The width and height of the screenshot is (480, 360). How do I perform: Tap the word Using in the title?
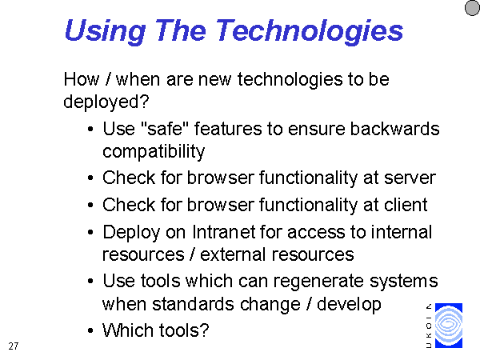click(x=105, y=31)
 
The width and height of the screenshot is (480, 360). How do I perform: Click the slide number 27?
click(x=14, y=346)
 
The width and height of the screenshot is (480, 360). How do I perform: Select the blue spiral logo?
click(x=449, y=326)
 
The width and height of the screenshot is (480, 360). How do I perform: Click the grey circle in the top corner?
click(x=473, y=7)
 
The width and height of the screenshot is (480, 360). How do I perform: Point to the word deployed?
click(x=106, y=102)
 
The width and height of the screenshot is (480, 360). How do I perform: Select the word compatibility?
click(x=154, y=151)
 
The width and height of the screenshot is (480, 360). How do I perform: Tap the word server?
click(x=410, y=178)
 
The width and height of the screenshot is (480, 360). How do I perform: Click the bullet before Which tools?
click(x=90, y=331)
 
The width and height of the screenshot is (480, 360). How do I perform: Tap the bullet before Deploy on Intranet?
click(x=90, y=232)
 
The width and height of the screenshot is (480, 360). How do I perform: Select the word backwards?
click(x=394, y=129)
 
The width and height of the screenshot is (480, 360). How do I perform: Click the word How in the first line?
click(x=82, y=79)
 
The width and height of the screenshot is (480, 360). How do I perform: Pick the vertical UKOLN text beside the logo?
click(x=429, y=326)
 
